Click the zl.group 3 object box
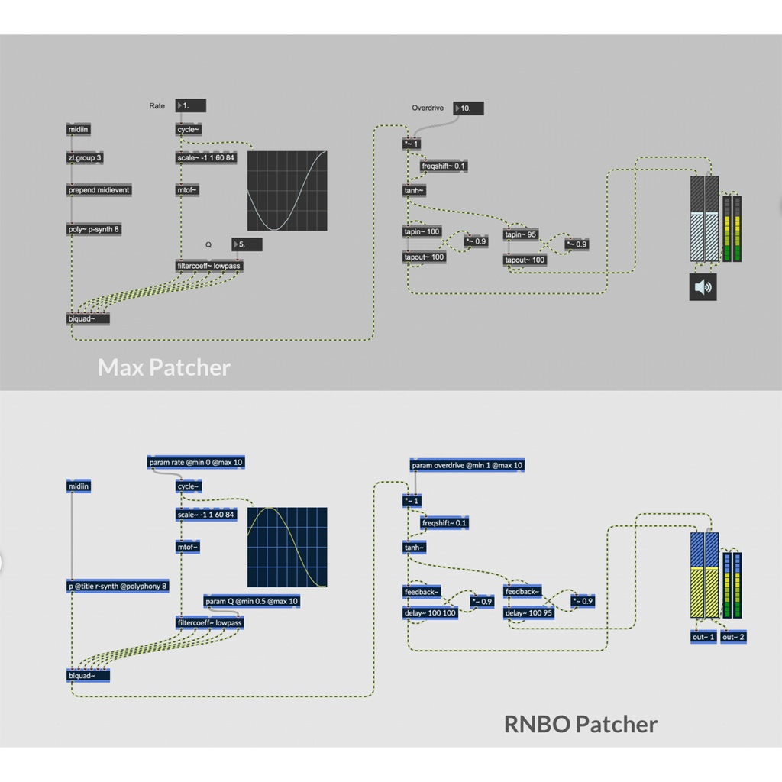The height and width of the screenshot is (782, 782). click(x=85, y=158)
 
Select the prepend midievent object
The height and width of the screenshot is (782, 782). click(x=99, y=189)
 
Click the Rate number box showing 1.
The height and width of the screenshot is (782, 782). click(x=190, y=106)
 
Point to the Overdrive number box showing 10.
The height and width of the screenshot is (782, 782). click(x=468, y=108)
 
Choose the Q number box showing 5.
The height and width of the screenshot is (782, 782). click(x=247, y=244)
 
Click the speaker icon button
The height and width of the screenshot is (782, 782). click(x=703, y=287)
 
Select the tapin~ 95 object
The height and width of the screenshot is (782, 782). click(x=522, y=234)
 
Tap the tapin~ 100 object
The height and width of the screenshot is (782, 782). click(x=422, y=231)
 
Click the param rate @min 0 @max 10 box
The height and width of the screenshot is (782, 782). click(x=196, y=463)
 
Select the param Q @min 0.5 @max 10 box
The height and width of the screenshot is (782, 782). click(x=251, y=601)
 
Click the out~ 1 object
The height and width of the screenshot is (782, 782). click(x=703, y=637)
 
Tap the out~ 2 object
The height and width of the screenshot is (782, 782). click(x=733, y=637)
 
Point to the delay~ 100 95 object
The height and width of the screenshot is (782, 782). click(x=529, y=612)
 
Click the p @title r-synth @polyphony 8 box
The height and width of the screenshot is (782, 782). click(x=118, y=586)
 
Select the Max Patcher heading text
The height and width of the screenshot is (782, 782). click(x=163, y=368)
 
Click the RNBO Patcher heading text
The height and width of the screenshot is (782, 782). click(x=580, y=723)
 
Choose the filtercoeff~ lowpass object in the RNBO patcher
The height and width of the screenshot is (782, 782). click(x=209, y=622)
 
